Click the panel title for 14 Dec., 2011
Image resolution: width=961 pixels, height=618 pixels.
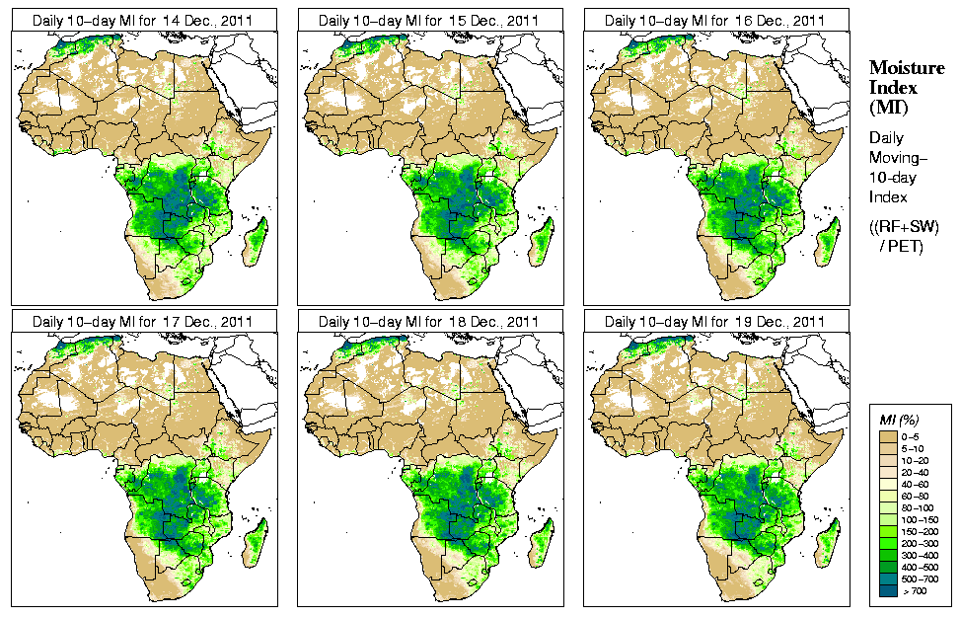tap(142, 20)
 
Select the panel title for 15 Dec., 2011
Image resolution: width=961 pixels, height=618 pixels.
tap(428, 20)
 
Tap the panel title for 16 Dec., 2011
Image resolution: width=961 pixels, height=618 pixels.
tap(714, 20)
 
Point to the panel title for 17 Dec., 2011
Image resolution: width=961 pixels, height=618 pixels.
tap(142, 322)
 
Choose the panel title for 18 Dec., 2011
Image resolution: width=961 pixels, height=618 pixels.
tap(428, 322)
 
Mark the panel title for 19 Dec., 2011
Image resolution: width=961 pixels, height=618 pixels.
tap(714, 322)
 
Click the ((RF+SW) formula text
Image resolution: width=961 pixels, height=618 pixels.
tap(905, 227)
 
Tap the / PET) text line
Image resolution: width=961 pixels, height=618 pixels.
tap(902, 245)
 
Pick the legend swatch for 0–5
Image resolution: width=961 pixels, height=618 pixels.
tap(889, 435)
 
